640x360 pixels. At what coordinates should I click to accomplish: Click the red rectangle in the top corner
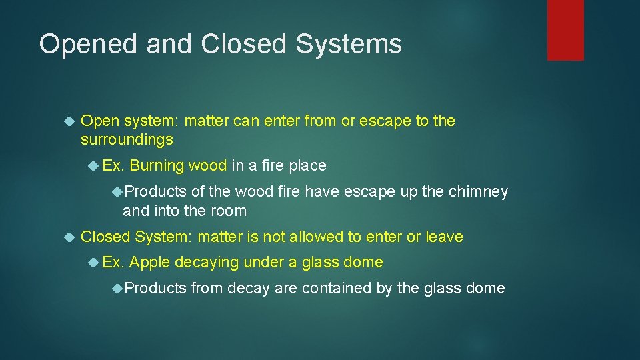coord(565,30)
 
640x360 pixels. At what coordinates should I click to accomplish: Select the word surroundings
coord(127,140)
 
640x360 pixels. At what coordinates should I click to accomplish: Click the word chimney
coord(479,192)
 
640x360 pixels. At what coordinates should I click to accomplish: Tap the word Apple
coord(149,263)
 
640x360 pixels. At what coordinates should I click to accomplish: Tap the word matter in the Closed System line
coord(220,237)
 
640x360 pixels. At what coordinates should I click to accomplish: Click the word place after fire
coord(306,165)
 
